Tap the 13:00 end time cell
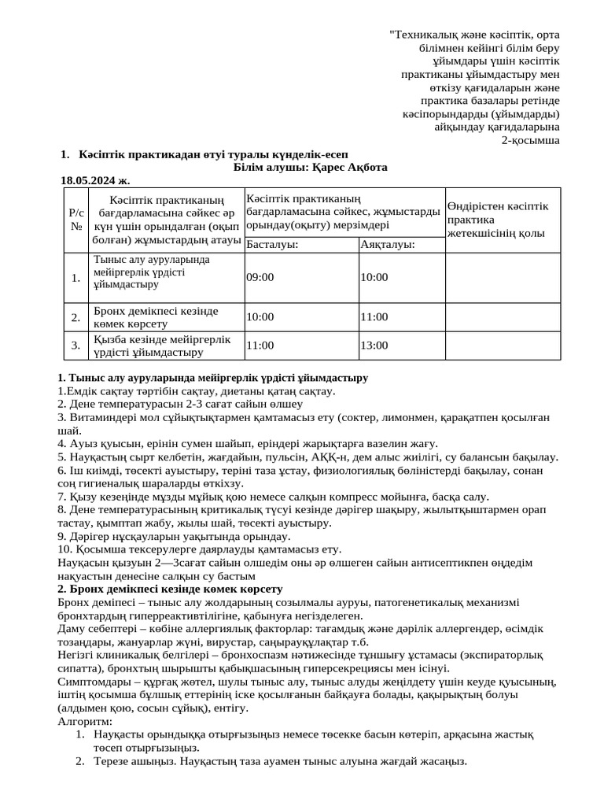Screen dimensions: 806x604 374,345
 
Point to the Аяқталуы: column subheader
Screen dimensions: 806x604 388,245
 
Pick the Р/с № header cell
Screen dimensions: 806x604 76,219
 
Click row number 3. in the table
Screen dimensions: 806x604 75,345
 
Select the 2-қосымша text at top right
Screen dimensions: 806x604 531,140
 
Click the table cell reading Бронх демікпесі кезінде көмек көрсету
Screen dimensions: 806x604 155,316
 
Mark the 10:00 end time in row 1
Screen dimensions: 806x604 374,277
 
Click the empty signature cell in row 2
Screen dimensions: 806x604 502,316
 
